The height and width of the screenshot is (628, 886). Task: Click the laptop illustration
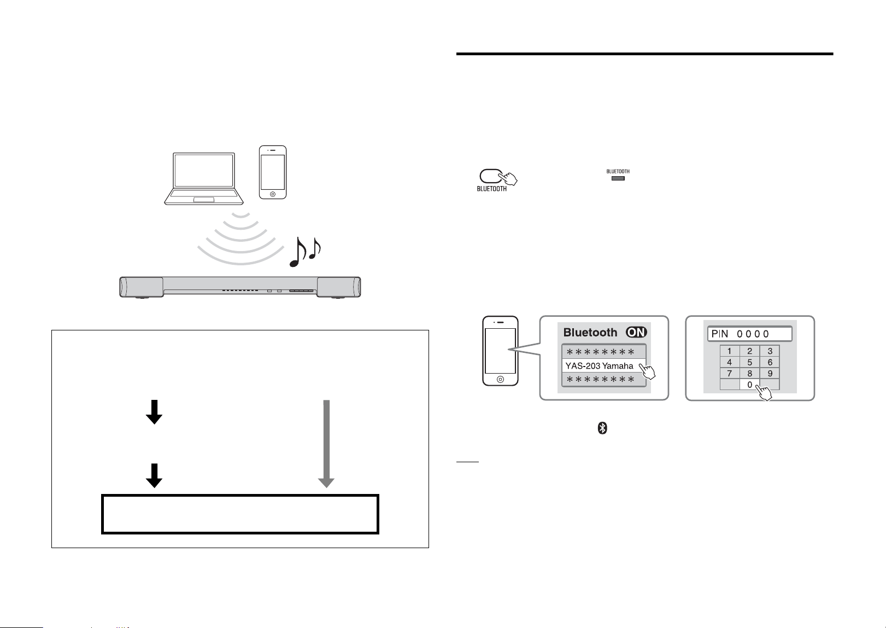point(204,178)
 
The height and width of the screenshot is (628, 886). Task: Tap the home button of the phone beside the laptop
point(273,194)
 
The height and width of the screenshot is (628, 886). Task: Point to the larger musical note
point(298,252)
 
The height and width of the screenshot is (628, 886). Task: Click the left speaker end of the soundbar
point(141,287)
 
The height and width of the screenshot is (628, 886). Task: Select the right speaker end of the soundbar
point(339,287)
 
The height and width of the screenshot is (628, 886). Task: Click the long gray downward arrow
point(326,444)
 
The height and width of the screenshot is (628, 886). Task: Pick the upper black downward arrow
point(154,412)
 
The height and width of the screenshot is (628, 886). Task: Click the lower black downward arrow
point(154,475)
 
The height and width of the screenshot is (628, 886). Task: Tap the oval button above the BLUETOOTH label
point(491,176)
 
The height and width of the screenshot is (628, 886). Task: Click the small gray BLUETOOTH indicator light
point(618,178)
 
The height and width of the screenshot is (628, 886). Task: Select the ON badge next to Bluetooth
point(636,332)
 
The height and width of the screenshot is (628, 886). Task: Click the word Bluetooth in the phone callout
point(590,332)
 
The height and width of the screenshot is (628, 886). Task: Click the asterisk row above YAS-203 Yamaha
point(603,352)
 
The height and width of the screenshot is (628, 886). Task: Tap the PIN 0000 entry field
point(749,334)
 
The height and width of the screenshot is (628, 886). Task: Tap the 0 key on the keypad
point(749,385)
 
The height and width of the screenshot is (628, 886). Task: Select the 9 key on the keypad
point(770,374)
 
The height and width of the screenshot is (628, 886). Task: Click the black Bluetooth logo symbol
point(602,428)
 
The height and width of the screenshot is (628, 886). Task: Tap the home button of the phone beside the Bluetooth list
point(500,379)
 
